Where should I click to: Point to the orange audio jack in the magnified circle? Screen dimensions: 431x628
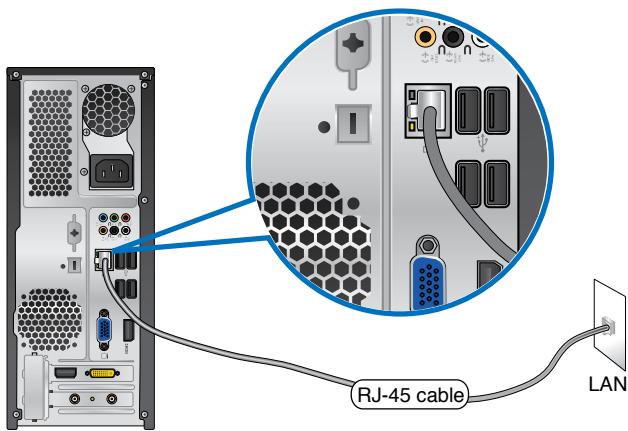[x=427, y=38]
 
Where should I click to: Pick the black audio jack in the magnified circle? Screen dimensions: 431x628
[x=454, y=38]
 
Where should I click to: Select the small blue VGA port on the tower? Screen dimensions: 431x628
[x=102, y=329]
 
